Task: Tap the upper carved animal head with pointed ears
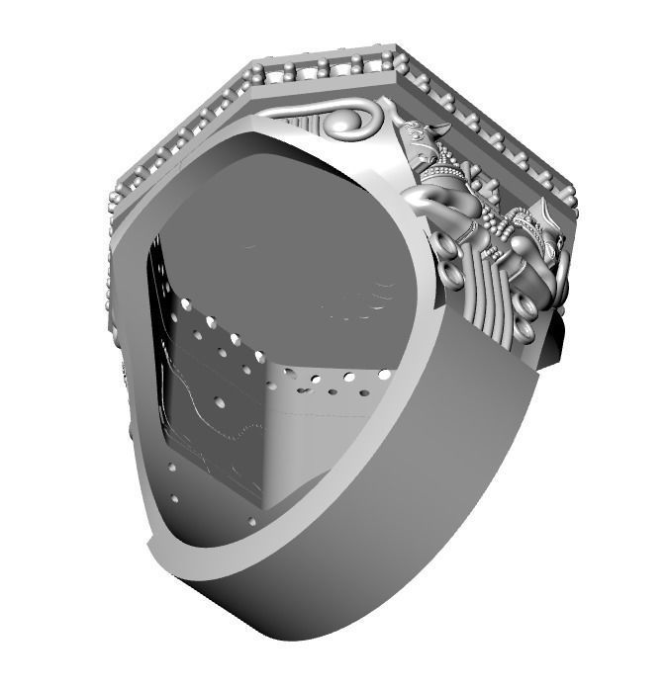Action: pyautogui.click(x=426, y=148)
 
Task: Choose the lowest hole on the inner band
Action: pyautogui.click(x=252, y=521)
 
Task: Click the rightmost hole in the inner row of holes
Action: pyautogui.click(x=381, y=373)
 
